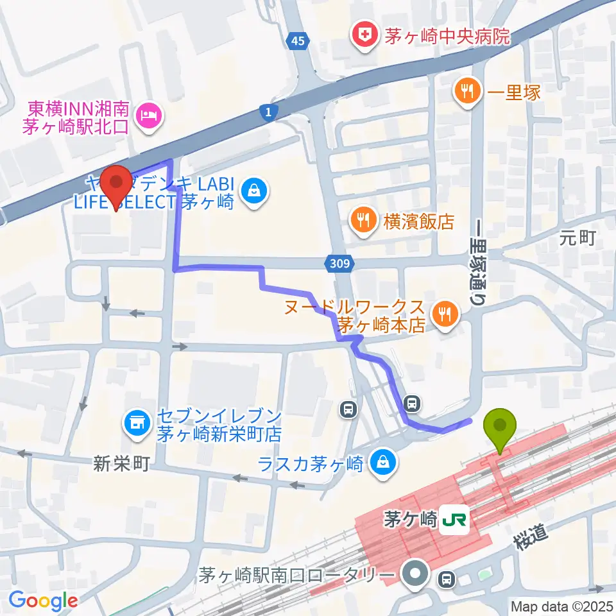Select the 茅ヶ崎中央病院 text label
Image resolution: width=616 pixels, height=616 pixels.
pyautogui.click(x=447, y=36)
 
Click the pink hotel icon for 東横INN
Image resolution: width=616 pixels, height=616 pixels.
pyautogui.click(x=149, y=116)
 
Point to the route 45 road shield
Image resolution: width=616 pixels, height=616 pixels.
pyautogui.click(x=298, y=42)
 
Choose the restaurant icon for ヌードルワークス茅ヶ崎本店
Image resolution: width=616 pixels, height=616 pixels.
pyautogui.click(x=444, y=314)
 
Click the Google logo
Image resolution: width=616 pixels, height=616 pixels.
pyautogui.click(x=43, y=601)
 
